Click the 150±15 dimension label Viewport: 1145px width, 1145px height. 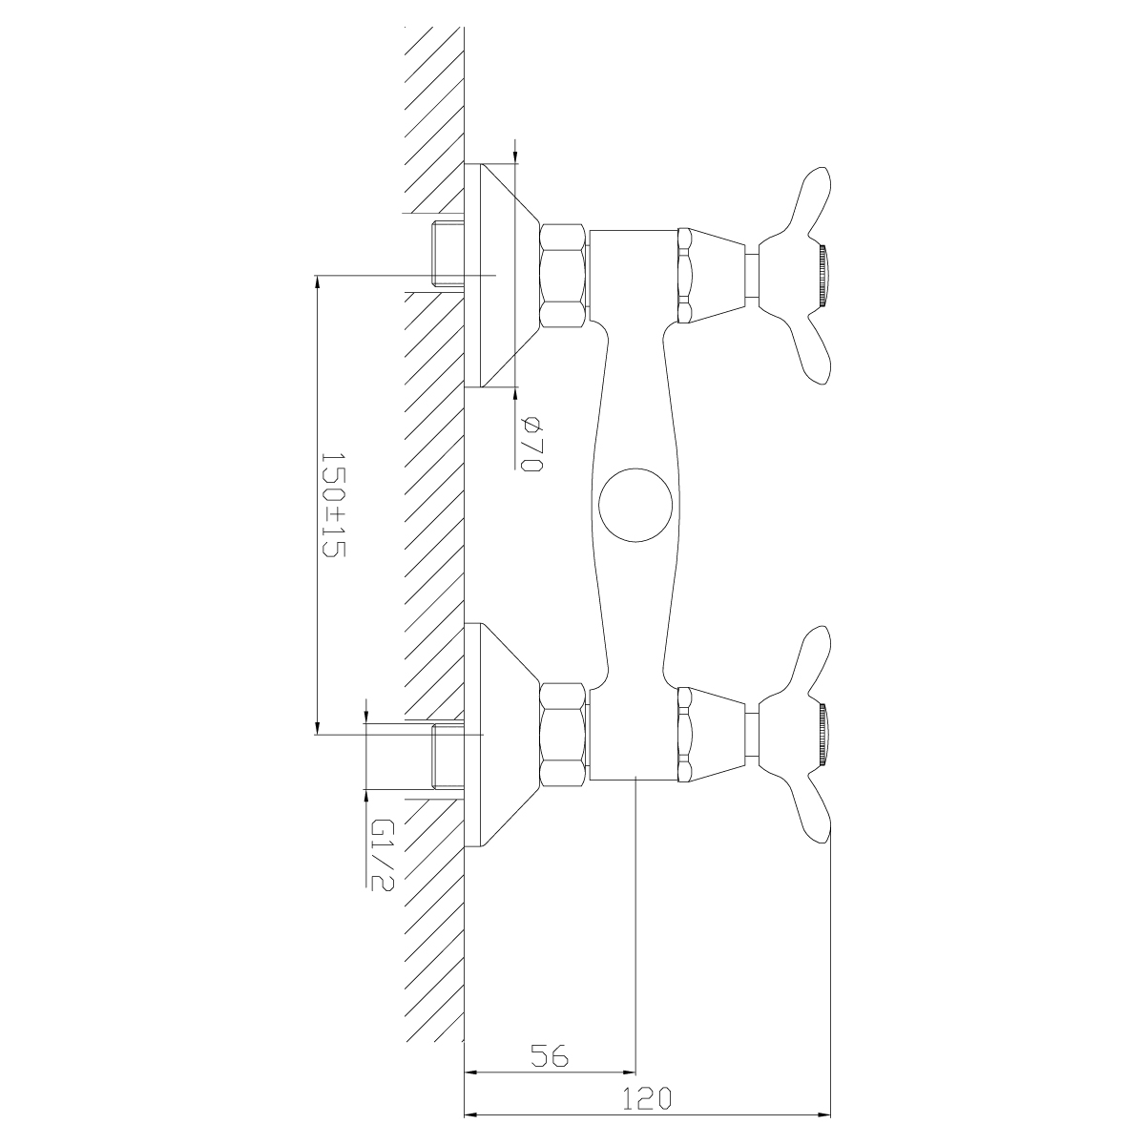pyautogui.click(x=333, y=505)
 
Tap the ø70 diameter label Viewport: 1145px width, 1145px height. pyautogui.click(x=531, y=445)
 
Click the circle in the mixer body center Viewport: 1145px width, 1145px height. pyautogui.click(x=635, y=505)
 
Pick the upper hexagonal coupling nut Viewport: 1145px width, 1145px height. pyautogui.click(x=562, y=276)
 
